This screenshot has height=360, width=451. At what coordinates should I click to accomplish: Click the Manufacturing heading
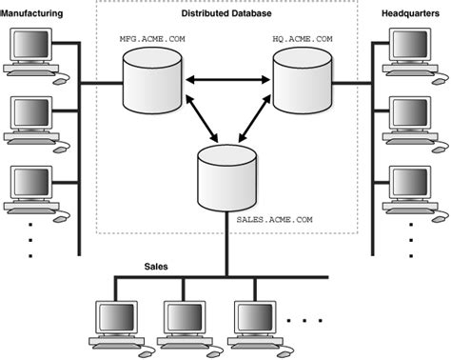[34, 13]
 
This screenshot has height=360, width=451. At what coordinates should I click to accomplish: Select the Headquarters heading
[414, 13]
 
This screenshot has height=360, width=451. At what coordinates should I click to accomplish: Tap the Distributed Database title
[225, 14]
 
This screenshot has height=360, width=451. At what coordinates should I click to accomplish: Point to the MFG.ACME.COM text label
[149, 40]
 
